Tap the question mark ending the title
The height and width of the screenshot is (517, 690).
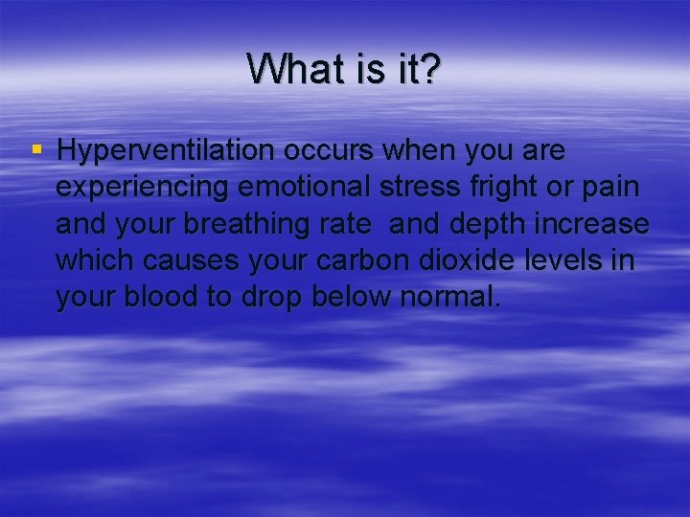pyautogui.click(x=429, y=69)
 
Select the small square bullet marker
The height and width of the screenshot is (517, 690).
pyautogui.click(x=36, y=149)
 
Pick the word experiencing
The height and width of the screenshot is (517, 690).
pyautogui.click(x=143, y=189)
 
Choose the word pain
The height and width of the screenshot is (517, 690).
pyautogui.click(x=609, y=189)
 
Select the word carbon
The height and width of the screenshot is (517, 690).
pyautogui.click(x=375, y=261)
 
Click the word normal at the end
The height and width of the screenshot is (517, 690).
pyautogui.click(x=448, y=297)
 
